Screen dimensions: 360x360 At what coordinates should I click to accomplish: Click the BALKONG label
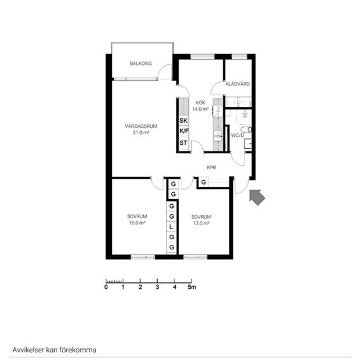[140, 63]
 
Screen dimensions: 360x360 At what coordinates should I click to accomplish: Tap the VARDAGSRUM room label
[141, 126]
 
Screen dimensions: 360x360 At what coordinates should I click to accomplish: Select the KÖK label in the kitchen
[200, 102]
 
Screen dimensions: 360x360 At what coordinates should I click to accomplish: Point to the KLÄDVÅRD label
[237, 84]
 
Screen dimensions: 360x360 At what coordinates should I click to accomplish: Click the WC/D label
[237, 135]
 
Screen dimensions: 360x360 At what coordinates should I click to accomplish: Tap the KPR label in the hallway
[212, 167]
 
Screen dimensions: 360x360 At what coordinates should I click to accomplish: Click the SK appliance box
[183, 120]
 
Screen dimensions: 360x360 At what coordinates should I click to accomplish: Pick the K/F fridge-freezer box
[183, 131]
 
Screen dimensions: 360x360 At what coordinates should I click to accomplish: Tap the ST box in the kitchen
[183, 142]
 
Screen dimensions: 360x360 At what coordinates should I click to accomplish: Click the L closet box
[171, 227]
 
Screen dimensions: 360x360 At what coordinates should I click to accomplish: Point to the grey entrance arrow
[256, 197]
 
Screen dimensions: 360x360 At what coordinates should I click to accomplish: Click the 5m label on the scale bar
[192, 287]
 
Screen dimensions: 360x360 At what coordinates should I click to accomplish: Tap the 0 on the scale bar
[106, 287]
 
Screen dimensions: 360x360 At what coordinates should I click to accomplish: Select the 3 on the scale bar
[157, 287]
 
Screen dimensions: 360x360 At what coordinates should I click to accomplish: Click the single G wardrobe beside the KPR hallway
[203, 183]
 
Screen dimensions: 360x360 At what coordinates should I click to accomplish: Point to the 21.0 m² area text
[141, 133]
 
